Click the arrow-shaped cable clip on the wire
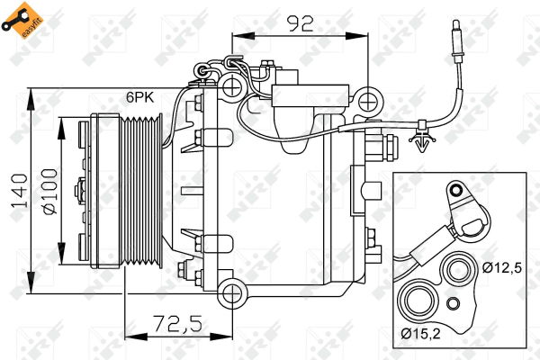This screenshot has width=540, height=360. [423, 137]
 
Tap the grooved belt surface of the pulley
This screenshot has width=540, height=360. [144, 189]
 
